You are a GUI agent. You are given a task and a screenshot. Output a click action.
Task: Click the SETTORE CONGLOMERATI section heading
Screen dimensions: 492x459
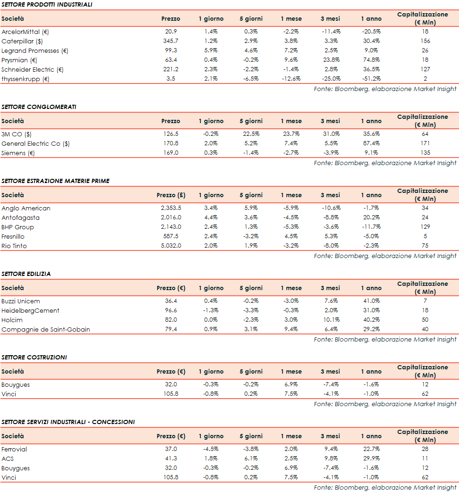coord(39,107)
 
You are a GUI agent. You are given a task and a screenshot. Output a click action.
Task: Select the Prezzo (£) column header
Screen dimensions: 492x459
coord(170,195)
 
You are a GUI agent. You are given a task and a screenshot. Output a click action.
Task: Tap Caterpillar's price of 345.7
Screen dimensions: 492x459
coord(170,41)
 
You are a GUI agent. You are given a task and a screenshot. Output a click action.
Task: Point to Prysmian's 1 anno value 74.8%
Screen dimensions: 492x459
coord(370,60)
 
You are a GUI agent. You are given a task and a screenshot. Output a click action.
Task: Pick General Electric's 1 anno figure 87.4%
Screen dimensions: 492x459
coord(370,143)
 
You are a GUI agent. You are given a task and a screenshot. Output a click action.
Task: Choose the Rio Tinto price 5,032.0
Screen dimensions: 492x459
coord(170,246)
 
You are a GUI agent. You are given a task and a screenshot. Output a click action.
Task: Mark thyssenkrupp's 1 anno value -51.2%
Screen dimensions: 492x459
coord(370,79)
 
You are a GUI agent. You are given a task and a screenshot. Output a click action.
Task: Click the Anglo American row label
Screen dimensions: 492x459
coord(26,208)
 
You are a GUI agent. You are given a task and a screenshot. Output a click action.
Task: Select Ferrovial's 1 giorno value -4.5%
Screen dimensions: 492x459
coord(211,449)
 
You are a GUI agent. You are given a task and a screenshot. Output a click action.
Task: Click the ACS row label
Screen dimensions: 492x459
coord(8,459)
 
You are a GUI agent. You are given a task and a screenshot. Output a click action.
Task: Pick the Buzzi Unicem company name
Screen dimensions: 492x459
coord(21,301)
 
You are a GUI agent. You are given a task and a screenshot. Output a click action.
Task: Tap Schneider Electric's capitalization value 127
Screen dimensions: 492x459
coord(425,69)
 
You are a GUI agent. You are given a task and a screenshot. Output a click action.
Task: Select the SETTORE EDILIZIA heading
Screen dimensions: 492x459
coord(26,274)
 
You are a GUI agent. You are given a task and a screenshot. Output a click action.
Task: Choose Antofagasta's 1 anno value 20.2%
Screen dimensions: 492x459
coord(370,217)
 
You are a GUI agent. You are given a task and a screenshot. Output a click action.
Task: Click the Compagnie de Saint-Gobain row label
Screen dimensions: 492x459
coord(46,329)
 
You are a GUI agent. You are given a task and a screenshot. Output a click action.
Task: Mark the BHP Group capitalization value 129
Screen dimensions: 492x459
coord(425,227)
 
